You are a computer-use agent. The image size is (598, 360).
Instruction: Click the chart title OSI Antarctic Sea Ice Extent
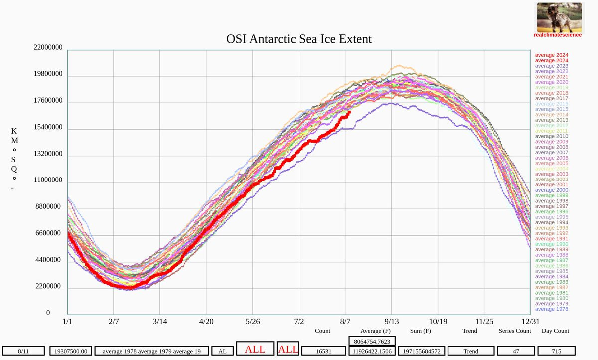tap(299, 39)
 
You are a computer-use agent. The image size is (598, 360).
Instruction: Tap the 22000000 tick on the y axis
tap(48, 48)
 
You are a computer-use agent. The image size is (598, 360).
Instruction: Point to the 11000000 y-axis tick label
tap(48, 180)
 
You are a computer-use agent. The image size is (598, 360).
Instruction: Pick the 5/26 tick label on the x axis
tap(253, 321)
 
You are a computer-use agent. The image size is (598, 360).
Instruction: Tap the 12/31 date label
tap(530, 321)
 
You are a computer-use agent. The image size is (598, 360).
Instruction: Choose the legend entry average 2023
tap(551, 66)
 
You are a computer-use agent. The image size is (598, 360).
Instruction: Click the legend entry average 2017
tap(551, 98)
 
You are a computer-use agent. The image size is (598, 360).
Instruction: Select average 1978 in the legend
tap(551, 309)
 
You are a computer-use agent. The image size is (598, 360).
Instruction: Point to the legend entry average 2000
tap(551, 190)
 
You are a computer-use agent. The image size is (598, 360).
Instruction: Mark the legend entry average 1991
tap(551, 239)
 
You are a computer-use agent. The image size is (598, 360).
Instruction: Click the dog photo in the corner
tap(559, 17)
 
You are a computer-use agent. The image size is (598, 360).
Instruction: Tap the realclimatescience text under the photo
tap(558, 35)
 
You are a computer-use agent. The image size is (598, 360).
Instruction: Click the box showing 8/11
tap(23, 351)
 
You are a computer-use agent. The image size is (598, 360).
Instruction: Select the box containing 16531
tap(324, 351)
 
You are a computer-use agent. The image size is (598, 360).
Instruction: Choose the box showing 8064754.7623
tap(372, 341)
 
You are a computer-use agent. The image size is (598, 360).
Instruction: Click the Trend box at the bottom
tap(471, 351)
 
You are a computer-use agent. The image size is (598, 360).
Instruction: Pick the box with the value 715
tap(556, 351)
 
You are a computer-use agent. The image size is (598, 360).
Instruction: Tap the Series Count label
tap(515, 331)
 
